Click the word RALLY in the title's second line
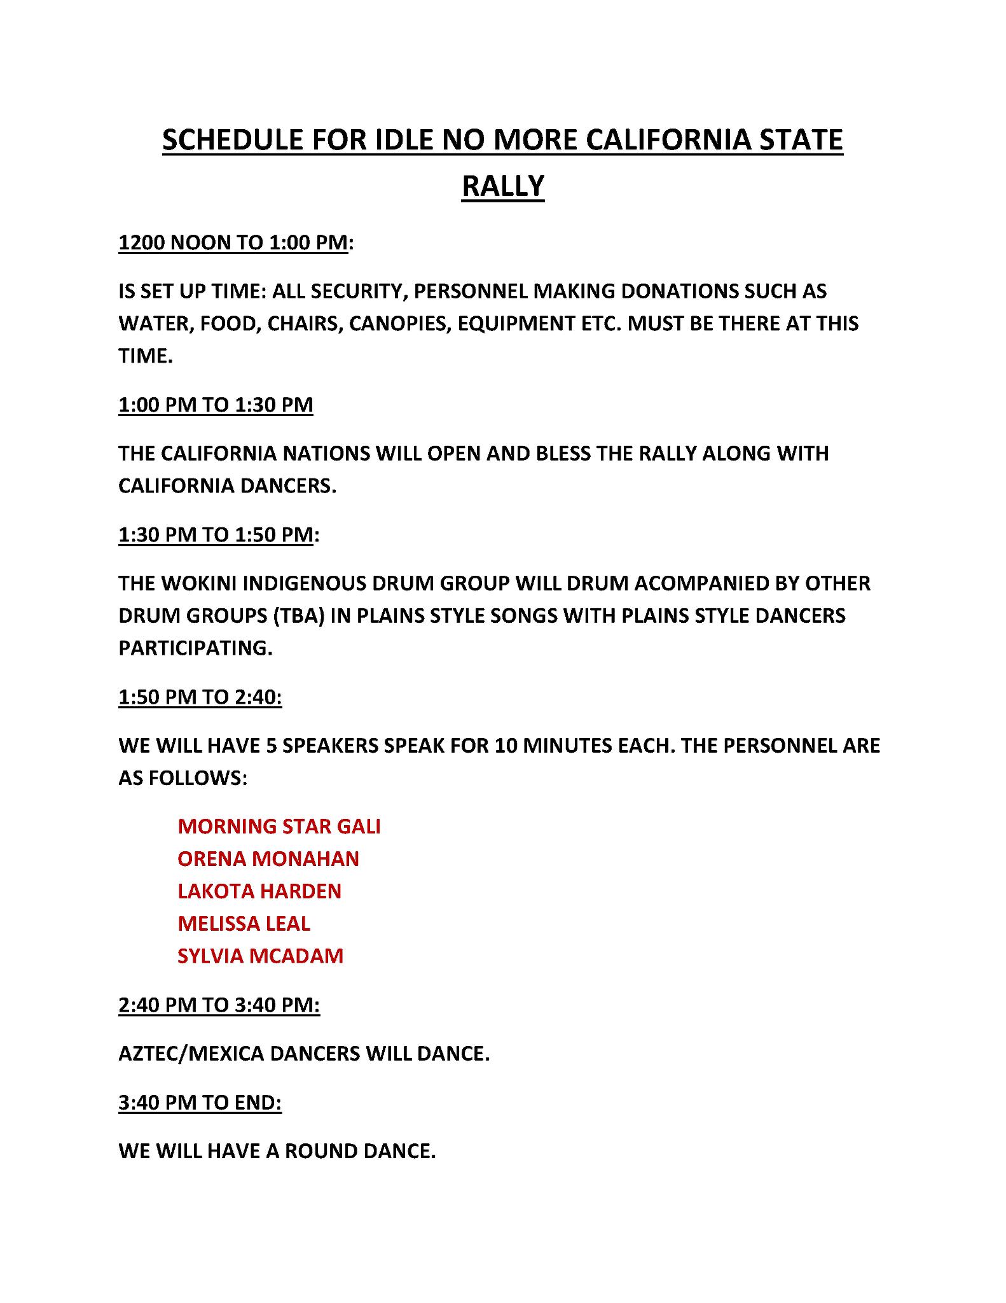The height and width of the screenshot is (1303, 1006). pyautogui.click(x=502, y=186)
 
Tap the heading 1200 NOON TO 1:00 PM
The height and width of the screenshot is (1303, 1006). pyautogui.click(x=233, y=242)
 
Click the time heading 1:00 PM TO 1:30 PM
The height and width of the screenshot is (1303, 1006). pyautogui.click(x=216, y=405)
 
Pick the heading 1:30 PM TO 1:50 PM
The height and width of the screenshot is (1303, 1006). pyautogui.click(x=216, y=534)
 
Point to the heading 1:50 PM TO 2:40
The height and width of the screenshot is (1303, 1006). pyautogui.click(x=200, y=697)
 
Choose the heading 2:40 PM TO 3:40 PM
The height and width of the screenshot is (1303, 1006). pyautogui.click(x=219, y=1005)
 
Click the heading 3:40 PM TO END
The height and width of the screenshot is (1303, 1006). pyautogui.click(x=200, y=1102)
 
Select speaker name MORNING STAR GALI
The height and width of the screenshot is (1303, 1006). pyautogui.click(x=279, y=826)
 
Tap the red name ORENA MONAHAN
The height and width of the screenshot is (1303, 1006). pyautogui.click(x=268, y=858)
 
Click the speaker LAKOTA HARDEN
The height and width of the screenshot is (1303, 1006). pyautogui.click(x=259, y=891)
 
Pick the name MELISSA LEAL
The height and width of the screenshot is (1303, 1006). pyautogui.click(x=244, y=923)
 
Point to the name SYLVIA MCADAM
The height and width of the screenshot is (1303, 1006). pyautogui.click(x=261, y=956)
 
